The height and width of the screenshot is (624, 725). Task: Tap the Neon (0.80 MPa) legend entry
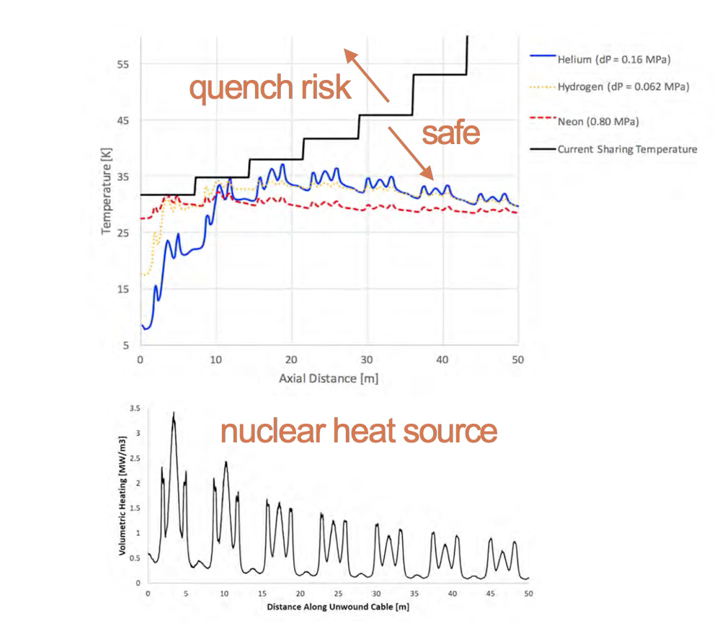597,120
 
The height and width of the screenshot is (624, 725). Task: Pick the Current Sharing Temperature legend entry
626,150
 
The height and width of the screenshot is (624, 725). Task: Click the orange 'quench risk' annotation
270,88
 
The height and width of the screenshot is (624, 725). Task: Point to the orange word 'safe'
450,133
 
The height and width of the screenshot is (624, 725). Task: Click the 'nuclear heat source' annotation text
358,431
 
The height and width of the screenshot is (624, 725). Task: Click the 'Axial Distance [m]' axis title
329,378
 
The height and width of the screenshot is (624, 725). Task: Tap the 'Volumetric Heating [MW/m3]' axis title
123,496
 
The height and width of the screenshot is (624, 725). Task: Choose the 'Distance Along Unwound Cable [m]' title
338,607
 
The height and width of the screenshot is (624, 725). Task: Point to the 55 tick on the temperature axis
123,64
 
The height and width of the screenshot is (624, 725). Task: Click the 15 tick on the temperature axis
123,289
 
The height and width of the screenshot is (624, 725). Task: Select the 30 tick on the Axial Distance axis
367,360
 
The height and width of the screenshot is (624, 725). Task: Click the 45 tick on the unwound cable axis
490,593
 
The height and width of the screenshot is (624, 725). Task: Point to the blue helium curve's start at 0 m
142,326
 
